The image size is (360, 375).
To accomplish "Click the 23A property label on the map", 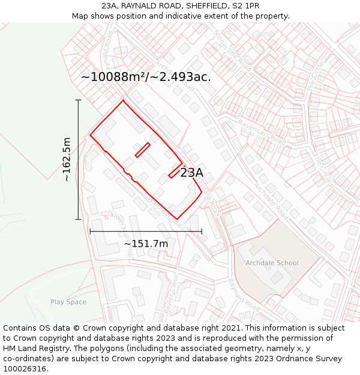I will pyautogui.click(x=192, y=173).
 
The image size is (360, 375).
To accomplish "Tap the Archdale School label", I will pyautogui.click(x=272, y=263).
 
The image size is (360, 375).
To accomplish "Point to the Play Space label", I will pyautogui.click(x=68, y=302).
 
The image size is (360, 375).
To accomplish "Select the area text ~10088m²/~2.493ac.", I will pyautogui.click(x=146, y=77).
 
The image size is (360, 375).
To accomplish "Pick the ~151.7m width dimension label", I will pyautogui.click(x=146, y=244).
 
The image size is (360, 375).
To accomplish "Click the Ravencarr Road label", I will pyautogui.click(x=263, y=130).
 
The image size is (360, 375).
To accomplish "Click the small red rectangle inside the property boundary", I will pyautogui.click(x=142, y=150).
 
